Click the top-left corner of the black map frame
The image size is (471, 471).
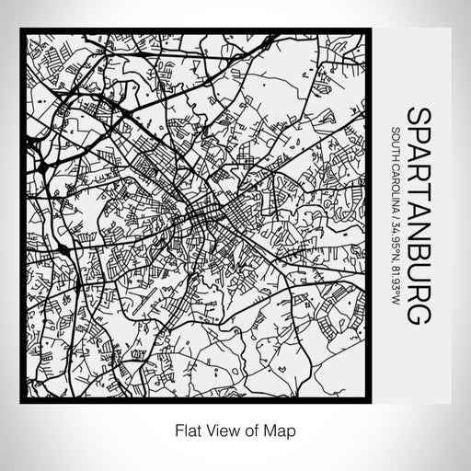pyautogui.click(x=22, y=30)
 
